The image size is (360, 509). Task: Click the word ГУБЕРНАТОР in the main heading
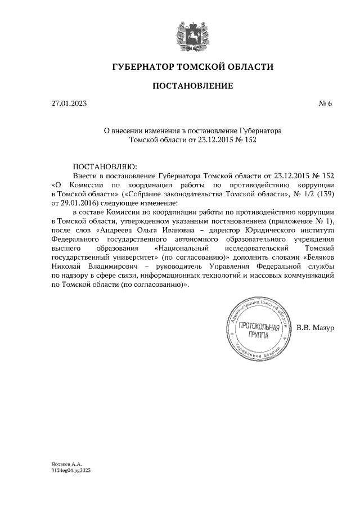coord(143,67)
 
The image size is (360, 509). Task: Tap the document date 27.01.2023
coord(69,103)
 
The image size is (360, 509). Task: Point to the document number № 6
coord(326,103)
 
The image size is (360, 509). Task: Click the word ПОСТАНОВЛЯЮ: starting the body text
coord(105,166)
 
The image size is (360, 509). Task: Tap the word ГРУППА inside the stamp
coord(258,336)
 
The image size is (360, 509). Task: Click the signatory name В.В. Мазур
coord(316,327)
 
